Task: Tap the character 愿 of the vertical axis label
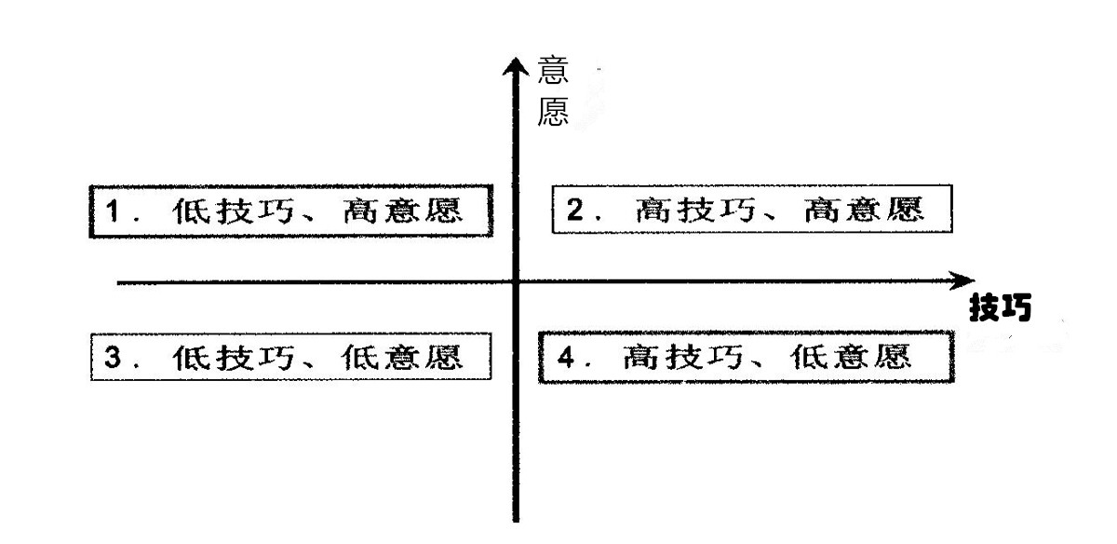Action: point(554,112)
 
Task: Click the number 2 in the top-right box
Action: point(574,211)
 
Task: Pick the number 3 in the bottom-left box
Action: point(112,358)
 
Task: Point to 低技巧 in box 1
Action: point(222,212)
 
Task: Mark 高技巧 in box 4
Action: point(675,357)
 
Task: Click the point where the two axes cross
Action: point(513,280)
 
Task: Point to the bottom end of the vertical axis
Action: point(513,518)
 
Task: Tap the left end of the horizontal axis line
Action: point(119,280)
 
